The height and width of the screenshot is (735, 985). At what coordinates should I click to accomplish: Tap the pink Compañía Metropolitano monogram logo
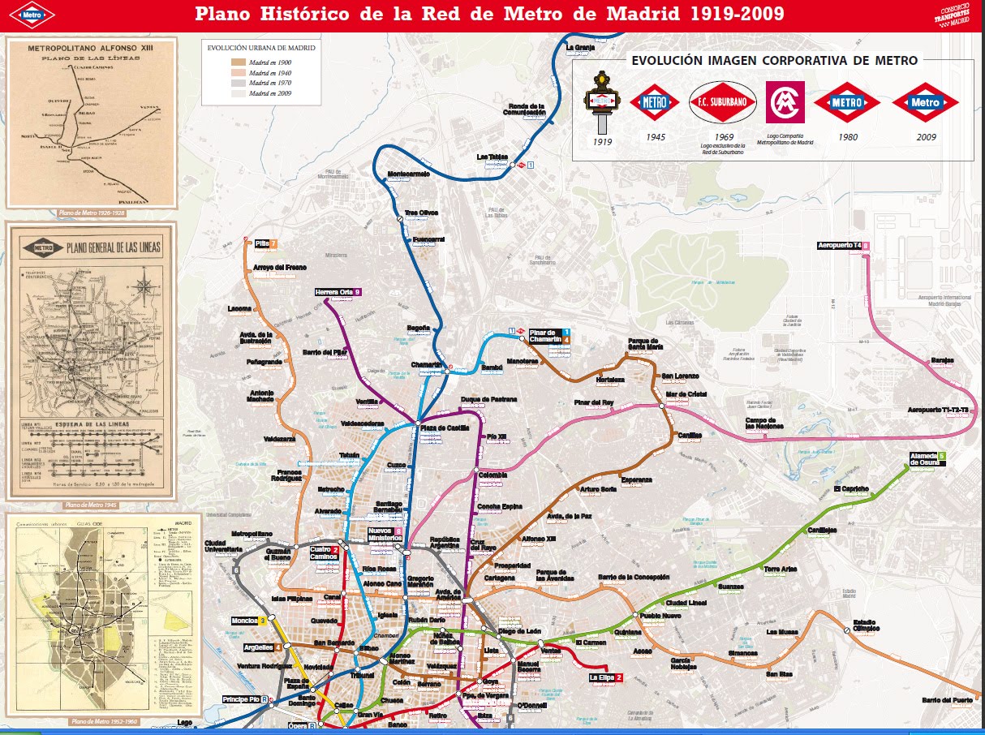785,102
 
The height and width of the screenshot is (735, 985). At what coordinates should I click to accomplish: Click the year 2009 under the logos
925,137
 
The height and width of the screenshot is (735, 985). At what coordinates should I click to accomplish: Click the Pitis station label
262,243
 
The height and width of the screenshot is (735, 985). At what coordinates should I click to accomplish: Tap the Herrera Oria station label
333,292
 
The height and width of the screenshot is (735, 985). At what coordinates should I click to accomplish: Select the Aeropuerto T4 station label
839,245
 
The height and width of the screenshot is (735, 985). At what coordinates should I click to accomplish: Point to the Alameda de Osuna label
923,458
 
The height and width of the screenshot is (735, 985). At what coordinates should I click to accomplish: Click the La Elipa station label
602,677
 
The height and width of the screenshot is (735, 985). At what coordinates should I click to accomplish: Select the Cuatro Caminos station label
326,553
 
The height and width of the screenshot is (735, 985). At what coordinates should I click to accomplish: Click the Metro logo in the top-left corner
33,14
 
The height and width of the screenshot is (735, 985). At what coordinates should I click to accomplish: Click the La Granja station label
580,47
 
